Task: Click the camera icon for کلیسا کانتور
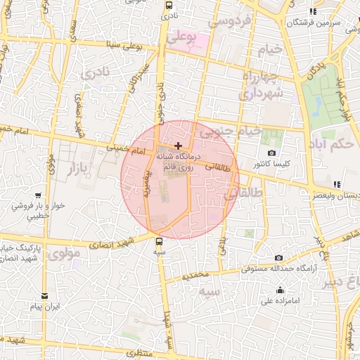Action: [272, 153]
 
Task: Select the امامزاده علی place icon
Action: [281, 290]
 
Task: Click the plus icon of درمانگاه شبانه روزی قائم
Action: [178, 146]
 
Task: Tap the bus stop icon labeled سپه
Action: [160, 240]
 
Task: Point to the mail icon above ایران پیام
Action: [45, 295]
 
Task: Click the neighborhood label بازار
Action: [80, 169]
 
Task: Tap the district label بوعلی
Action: [183, 36]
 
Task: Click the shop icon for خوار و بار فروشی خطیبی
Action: [37, 195]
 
